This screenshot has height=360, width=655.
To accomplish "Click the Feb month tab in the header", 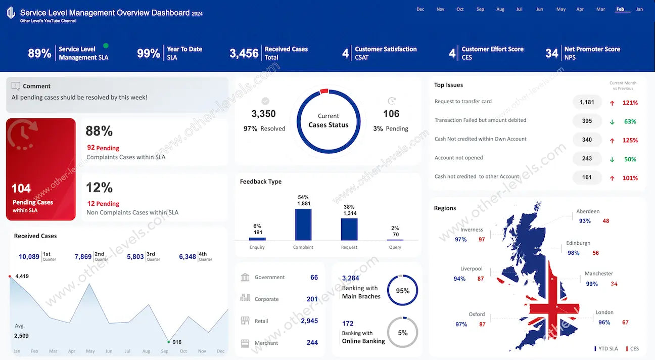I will pyautogui.click(x=620, y=9).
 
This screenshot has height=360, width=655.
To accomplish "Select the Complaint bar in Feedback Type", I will pyautogui.click(x=303, y=224).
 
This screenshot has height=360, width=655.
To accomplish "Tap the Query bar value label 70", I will pyautogui.click(x=395, y=235).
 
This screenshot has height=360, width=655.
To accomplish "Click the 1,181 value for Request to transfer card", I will pyautogui.click(x=587, y=102).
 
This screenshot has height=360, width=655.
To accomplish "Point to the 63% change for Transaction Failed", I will pyautogui.click(x=630, y=121).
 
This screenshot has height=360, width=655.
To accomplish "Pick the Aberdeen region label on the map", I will pyautogui.click(x=588, y=211).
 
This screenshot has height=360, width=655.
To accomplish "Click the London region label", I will pyautogui.click(x=604, y=312).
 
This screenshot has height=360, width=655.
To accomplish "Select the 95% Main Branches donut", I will pyautogui.click(x=402, y=291).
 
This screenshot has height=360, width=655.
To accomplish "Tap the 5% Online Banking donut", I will pyautogui.click(x=402, y=332).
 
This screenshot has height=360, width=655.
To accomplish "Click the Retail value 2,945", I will pyautogui.click(x=309, y=321).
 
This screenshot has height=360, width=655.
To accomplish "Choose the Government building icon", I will pyautogui.click(x=246, y=277).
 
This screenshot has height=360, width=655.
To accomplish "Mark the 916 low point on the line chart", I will pyautogui.click(x=168, y=342).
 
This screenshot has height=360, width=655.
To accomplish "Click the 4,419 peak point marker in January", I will pyautogui.click(x=10, y=276).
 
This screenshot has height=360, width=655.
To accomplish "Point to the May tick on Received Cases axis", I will pyautogui.click(x=90, y=351).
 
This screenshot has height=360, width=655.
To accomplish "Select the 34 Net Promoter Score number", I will pyautogui.click(x=551, y=53).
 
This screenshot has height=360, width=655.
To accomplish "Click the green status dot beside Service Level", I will pyautogui.click(x=106, y=46).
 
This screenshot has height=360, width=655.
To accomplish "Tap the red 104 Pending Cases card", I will pyautogui.click(x=40, y=169).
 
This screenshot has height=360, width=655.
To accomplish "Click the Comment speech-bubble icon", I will pyautogui.click(x=16, y=86).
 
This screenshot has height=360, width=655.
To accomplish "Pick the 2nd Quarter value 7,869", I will pyautogui.click(x=83, y=257).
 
